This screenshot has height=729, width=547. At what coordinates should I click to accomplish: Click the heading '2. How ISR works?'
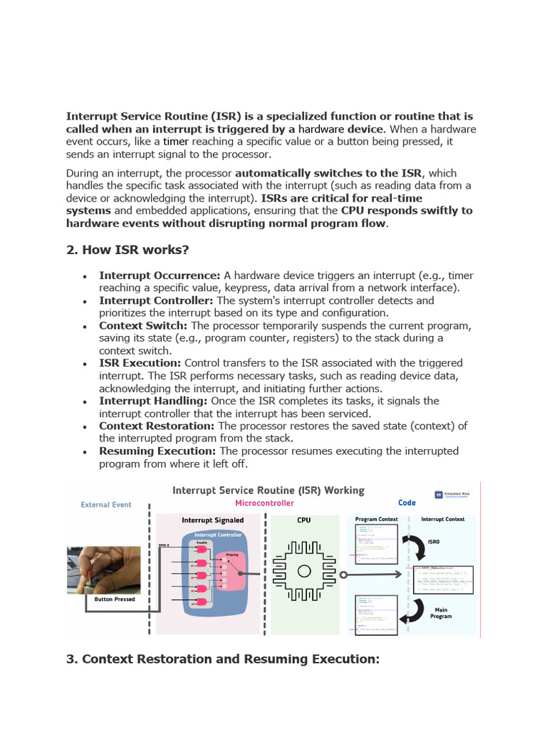[x=127, y=250]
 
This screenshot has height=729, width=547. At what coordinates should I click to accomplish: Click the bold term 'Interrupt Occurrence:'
[x=160, y=276]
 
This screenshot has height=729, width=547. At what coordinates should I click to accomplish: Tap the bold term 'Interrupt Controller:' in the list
[x=156, y=300]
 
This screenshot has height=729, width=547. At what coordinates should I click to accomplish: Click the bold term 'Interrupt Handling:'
[x=153, y=401]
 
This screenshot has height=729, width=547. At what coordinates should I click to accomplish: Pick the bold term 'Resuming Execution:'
[x=157, y=451]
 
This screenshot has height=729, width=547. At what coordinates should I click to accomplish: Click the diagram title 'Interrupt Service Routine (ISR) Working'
[x=269, y=491]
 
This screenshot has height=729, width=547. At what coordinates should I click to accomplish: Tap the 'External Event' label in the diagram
[x=105, y=505]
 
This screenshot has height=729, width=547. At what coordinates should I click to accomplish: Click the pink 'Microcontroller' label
[x=264, y=503]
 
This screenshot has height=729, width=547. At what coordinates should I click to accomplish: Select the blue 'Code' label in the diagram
[x=407, y=503]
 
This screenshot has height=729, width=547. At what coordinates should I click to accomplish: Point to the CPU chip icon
[x=304, y=570]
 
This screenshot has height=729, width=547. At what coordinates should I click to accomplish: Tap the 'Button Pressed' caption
[x=114, y=599]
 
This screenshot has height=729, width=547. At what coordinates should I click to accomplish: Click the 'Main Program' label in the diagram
[x=441, y=612]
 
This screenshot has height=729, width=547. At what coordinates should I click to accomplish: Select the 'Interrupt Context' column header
[x=442, y=520]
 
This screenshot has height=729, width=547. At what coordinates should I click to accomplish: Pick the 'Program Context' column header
[x=376, y=520]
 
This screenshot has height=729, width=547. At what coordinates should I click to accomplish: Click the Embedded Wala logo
[x=454, y=495]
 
